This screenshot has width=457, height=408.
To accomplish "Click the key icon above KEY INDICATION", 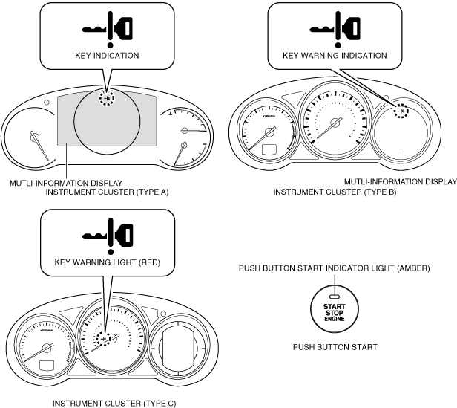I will point(107,29).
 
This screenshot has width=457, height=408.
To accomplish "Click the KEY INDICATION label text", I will point(107,56).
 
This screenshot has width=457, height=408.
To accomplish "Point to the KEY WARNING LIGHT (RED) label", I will point(108,262).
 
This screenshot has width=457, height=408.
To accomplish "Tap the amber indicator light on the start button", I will point(335,295).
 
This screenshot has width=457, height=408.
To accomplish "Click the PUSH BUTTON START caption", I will point(335,346).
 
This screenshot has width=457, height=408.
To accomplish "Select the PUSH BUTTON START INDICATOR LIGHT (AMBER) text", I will point(335,268).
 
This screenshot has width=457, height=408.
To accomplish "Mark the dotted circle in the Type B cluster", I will point(401,110).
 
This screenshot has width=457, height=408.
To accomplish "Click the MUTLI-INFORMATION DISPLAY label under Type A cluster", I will point(66,182).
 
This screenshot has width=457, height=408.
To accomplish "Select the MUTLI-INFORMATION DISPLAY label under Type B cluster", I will point(400,181).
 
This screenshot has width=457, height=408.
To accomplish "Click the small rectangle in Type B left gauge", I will point(270,149).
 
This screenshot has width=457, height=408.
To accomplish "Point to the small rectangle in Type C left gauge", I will point(49,366).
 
